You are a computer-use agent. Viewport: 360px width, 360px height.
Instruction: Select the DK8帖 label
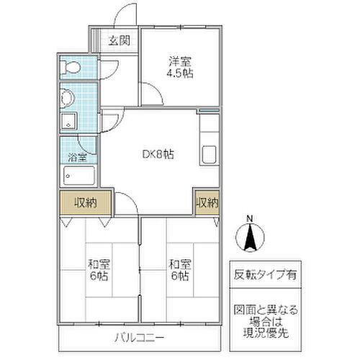(x=156, y=154)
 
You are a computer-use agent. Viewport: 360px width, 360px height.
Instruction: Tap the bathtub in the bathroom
(x=78, y=174)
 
